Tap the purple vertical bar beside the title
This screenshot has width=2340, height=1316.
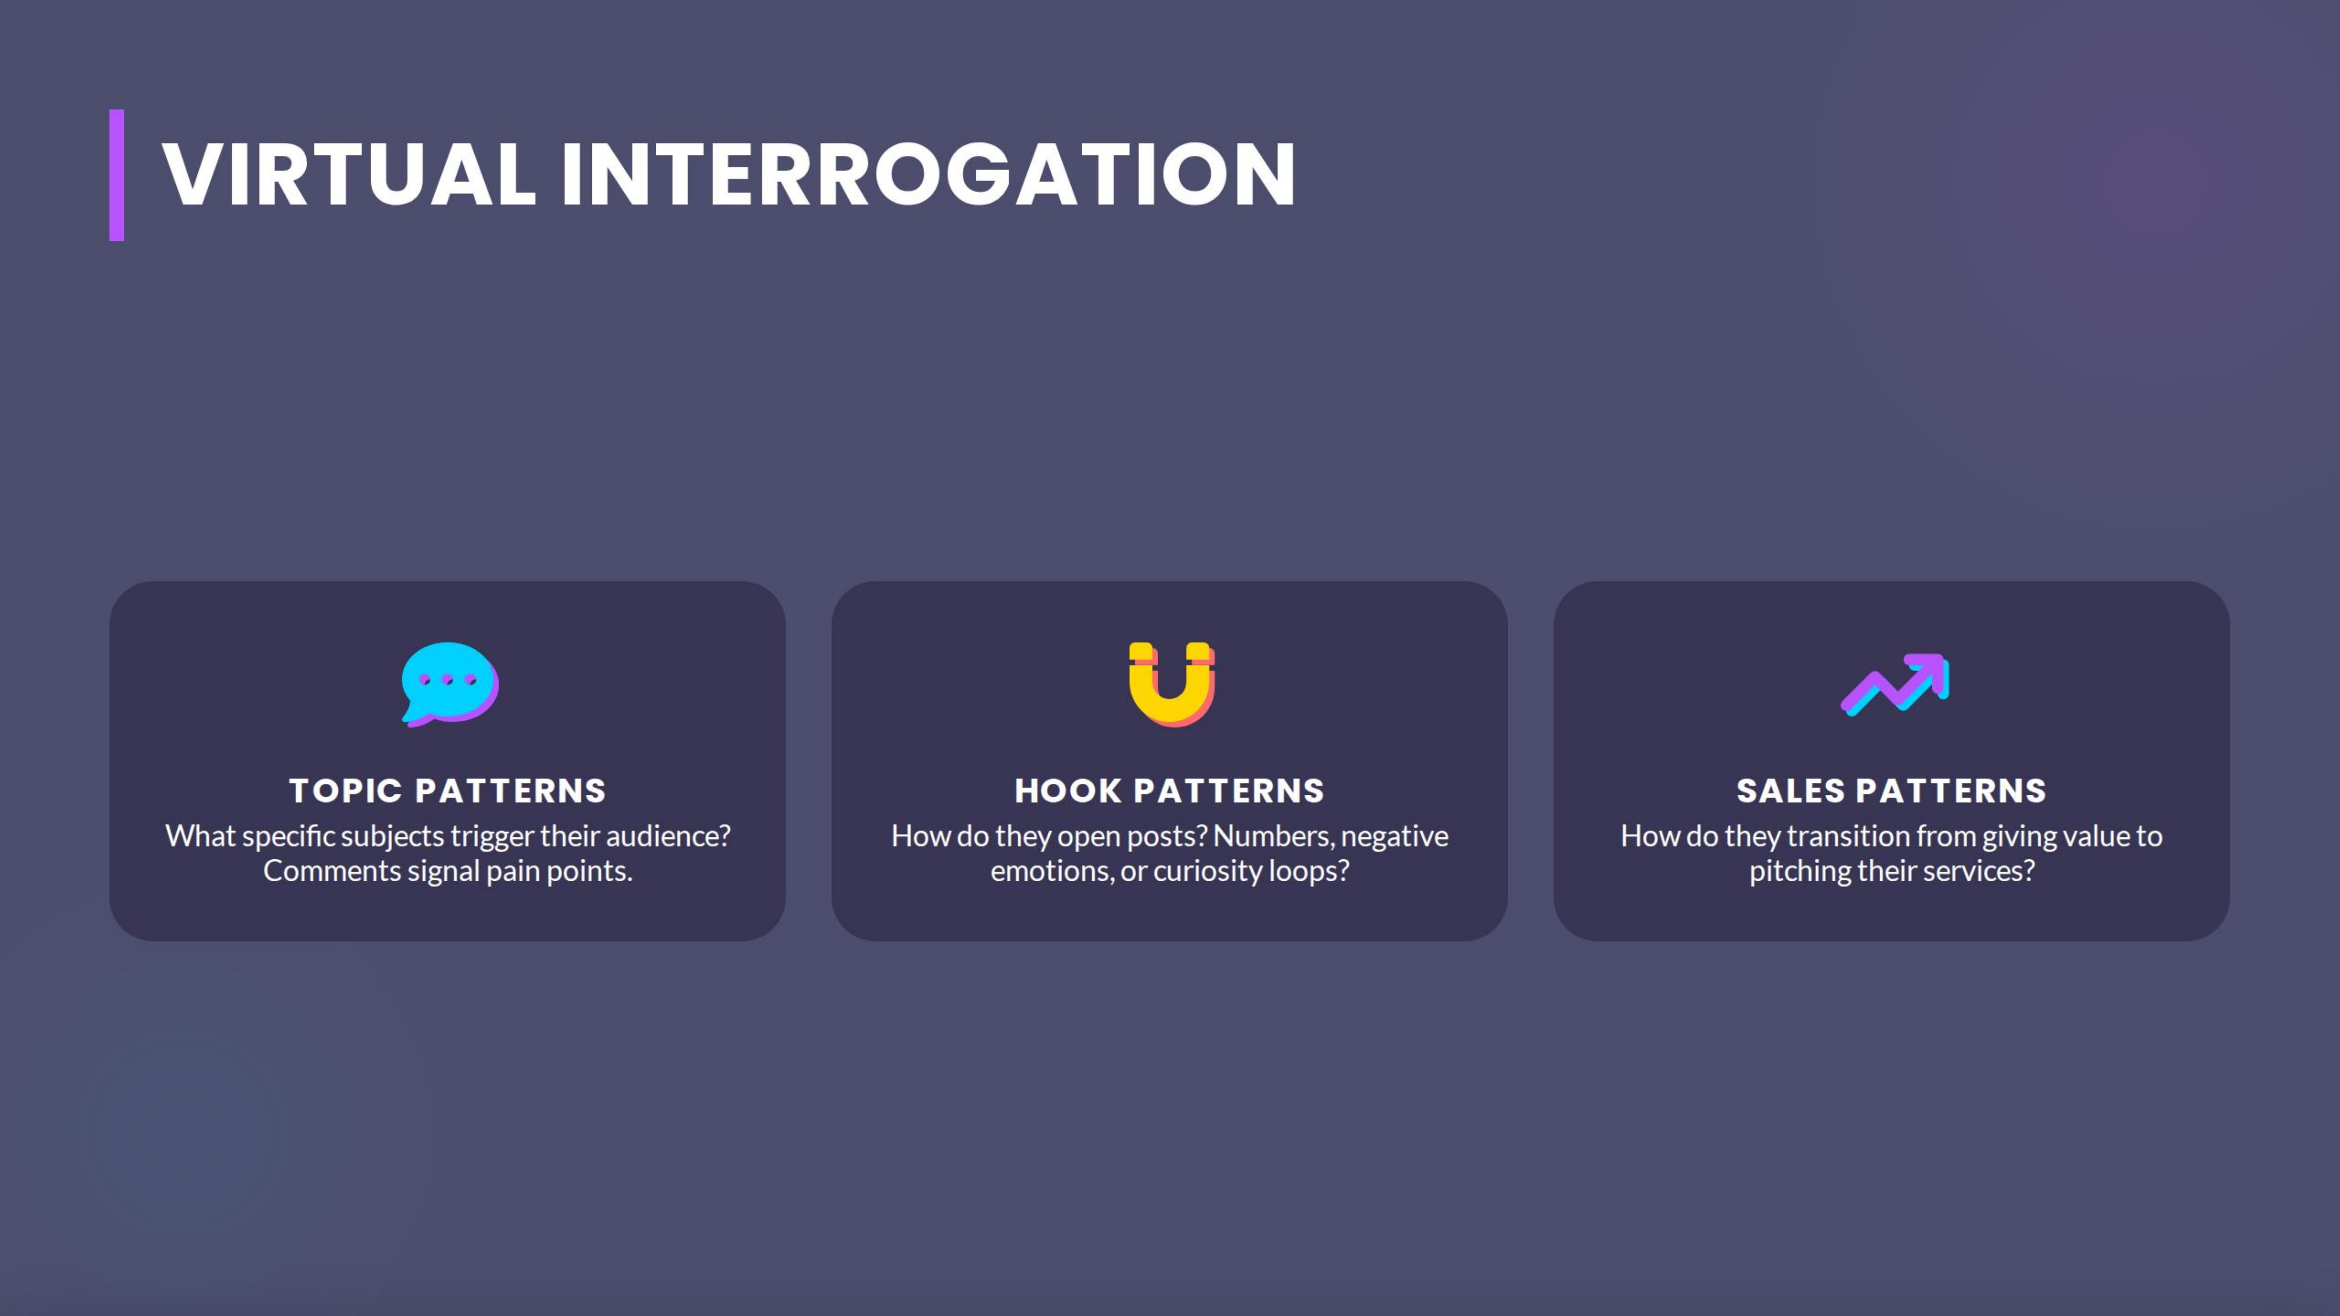pyautogui.click(x=116, y=175)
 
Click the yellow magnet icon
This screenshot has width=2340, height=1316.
pyautogui.click(x=1171, y=684)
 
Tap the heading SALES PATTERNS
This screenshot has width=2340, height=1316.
pyautogui.click(x=1891, y=791)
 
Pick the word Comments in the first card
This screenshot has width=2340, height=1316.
pyautogui.click(x=332, y=871)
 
